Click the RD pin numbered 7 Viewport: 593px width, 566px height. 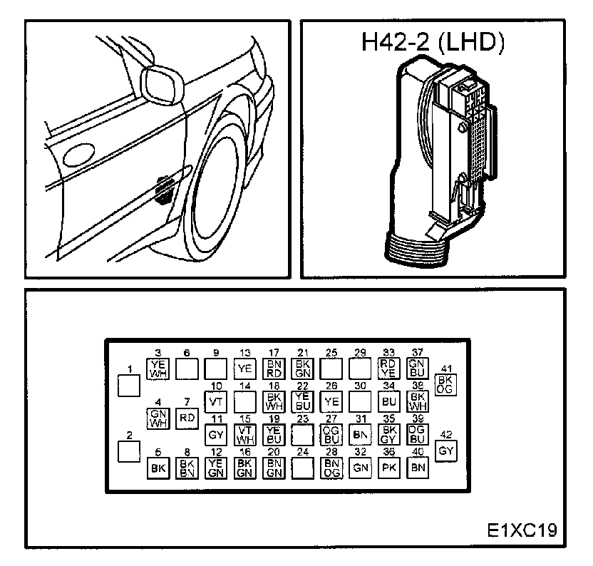click(x=186, y=418)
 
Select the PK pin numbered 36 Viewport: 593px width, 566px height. click(x=388, y=468)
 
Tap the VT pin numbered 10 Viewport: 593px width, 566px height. click(x=215, y=401)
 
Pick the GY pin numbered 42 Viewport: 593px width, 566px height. click(x=447, y=451)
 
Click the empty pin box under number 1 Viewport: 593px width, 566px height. click(x=129, y=386)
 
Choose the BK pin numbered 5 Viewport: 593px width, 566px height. click(x=158, y=468)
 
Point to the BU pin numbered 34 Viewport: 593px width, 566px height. click(x=388, y=401)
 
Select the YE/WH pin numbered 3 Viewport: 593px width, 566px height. click(x=158, y=368)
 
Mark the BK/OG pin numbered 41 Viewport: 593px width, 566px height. click(x=447, y=384)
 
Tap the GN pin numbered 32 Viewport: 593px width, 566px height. click(x=360, y=468)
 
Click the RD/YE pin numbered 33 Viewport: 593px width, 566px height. click(x=388, y=368)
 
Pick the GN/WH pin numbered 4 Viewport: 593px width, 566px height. click(x=158, y=418)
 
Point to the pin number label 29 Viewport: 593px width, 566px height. click(x=360, y=353)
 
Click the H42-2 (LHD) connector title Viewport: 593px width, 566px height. click(x=433, y=43)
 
